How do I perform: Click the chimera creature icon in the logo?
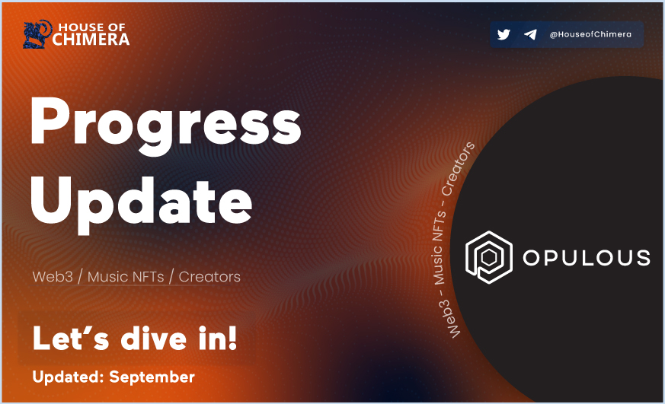(x=37, y=35)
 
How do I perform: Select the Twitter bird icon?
(x=504, y=34)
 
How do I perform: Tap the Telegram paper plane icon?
(x=530, y=34)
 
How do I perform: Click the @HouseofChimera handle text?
(x=590, y=34)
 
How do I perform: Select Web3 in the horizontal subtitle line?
(x=53, y=276)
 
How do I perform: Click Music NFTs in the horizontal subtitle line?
(x=126, y=276)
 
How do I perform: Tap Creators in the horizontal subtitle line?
(x=209, y=276)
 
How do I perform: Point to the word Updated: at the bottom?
(x=67, y=377)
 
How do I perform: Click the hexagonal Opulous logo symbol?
(x=487, y=257)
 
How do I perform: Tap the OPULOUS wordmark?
(x=587, y=257)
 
